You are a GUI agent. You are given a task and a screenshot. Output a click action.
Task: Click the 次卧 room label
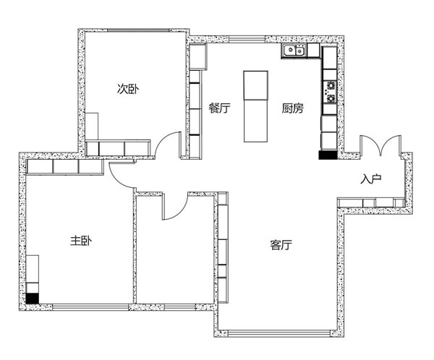pyautogui.click(x=128, y=89)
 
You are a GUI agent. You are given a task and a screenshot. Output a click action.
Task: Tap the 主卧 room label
pyautogui.click(x=81, y=241)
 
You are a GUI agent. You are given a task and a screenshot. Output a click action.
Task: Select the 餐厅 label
pyautogui.click(x=219, y=108)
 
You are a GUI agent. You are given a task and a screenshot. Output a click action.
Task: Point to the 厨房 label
pyautogui.click(x=292, y=108)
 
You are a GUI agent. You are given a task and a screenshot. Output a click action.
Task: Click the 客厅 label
pyautogui.click(x=281, y=245)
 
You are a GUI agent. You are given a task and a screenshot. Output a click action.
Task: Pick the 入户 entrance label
pyautogui.click(x=371, y=179)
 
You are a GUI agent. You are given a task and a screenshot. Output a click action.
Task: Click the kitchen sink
pyautogui.click(x=294, y=51)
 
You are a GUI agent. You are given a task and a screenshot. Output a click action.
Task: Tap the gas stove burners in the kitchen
pyautogui.click(x=330, y=92)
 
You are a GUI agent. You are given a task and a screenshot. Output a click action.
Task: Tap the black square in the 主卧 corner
pyautogui.click(x=32, y=299)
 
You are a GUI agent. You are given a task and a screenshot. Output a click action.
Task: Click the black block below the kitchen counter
pyautogui.click(x=328, y=155)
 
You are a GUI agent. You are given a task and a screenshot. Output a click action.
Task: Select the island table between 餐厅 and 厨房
pyautogui.click(x=256, y=106)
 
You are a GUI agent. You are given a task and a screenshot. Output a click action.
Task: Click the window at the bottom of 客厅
pyautogui.click(x=279, y=333)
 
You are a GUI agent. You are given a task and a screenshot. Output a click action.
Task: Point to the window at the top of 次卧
pyautogui.click(x=137, y=30)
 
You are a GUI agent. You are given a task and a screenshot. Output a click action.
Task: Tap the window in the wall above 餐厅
pyautogui.click(x=247, y=39)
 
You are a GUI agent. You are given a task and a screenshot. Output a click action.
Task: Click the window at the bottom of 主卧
pyautogui.click(x=90, y=307)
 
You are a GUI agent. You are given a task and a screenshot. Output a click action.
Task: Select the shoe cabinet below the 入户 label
pyautogui.click(x=371, y=203)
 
